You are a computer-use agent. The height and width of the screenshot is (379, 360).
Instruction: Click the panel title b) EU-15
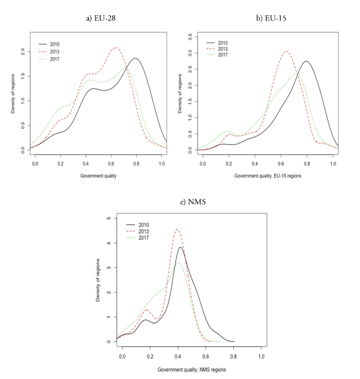click(x=271, y=18)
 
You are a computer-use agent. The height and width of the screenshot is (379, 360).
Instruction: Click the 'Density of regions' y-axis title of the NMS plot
click(x=97, y=279)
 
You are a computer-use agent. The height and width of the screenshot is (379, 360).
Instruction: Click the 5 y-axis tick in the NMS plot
click(x=108, y=218)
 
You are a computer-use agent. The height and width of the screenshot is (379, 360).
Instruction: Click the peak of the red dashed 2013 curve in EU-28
click(x=116, y=47)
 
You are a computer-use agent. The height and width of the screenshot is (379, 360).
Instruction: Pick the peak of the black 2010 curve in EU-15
click(x=306, y=61)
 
